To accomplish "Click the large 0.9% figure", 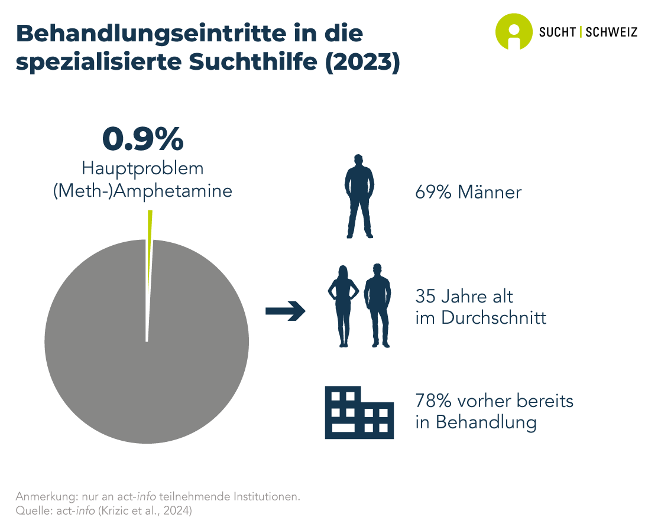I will click(x=142, y=139).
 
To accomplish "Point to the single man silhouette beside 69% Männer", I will click(x=359, y=197).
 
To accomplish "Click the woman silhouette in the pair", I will click(x=343, y=305).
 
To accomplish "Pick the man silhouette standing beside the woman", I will click(x=377, y=305).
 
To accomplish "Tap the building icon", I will click(x=359, y=412).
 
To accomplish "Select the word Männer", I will click(x=490, y=192).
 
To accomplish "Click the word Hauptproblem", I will click(x=142, y=168).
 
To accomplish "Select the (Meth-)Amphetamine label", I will click(x=142, y=191).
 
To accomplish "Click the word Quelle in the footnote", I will click(x=33, y=509).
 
